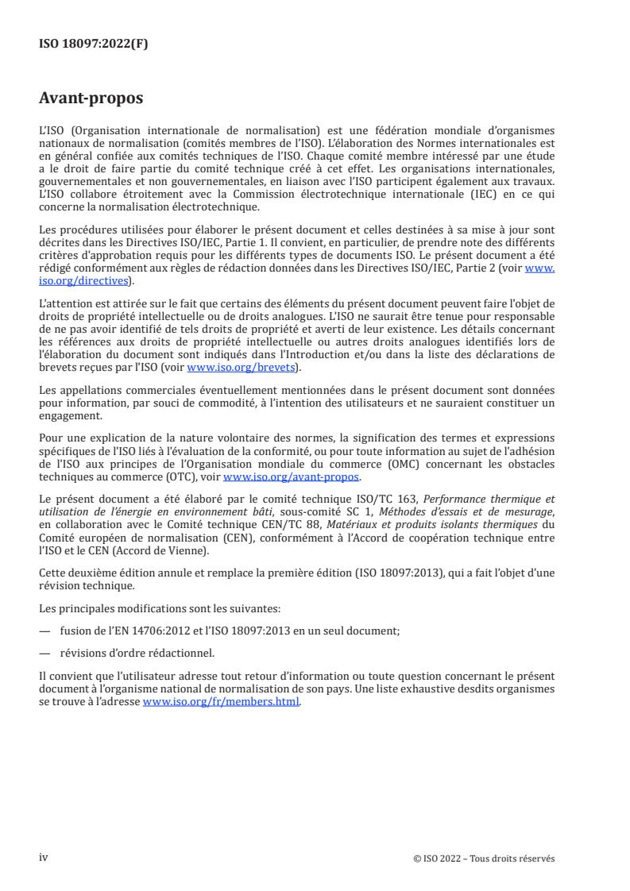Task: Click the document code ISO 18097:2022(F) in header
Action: pyautogui.click(x=94, y=44)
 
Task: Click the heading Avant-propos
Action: pyautogui.click(x=92, y=98)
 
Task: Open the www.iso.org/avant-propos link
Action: pyautogui.click(x=292, y=477)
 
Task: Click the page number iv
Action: pyautogui.click(x=44, y=835)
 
